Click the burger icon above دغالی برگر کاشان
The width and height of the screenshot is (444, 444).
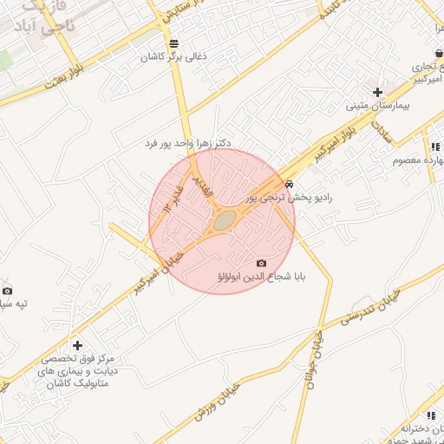tap(174, 43)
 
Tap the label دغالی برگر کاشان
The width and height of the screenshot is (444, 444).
tap(174, 58)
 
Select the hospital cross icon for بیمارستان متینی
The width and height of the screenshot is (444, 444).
tap(377, 92)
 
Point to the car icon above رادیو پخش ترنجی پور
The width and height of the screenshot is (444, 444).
tap(289, 184)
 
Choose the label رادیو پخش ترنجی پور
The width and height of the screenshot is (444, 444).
tap(289, 198)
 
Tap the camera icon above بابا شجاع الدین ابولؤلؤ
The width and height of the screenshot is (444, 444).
tap(262, 263)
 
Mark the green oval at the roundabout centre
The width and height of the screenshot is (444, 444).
tap(224, 221)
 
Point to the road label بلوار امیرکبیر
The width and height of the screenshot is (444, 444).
tap(326, 147)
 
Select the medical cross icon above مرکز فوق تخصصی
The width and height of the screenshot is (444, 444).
tap(78, 346)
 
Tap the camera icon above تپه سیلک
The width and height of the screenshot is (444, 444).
tap(8, 291)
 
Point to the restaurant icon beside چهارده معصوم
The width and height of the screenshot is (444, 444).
tap(434, 147)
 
